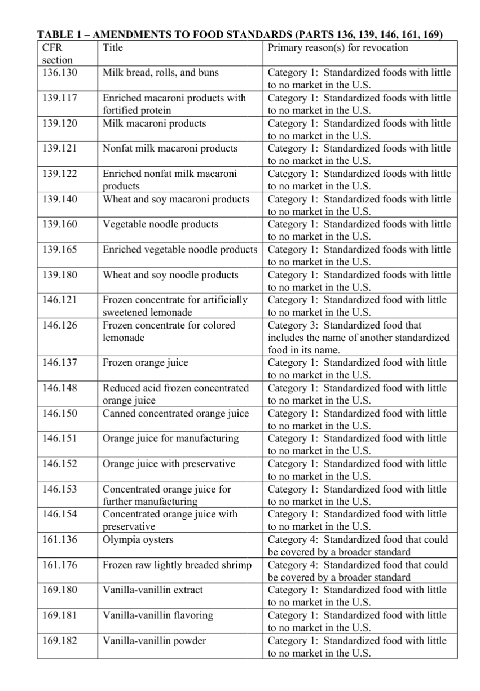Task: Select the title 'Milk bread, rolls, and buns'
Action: (161, 73)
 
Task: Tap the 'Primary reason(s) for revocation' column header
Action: (337, 48)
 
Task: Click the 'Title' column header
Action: (113, 48)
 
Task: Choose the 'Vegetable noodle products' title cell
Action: (160, 224)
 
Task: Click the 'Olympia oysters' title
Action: (138, 539)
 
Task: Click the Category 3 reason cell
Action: (358, 338)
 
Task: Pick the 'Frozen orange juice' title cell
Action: (146, 362)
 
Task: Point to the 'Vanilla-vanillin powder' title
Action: (154, 641)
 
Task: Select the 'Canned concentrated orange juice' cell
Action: (175, 413)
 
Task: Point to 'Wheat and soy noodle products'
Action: (170, 275)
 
